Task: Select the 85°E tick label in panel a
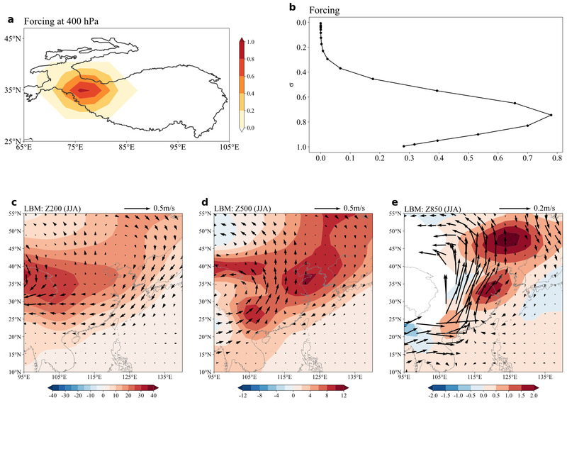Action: (x=127, y=147)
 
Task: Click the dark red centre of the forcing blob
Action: (x=82, y=90)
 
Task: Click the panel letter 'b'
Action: (x=293, y=8)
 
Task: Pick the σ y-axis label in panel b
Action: (x=289, y=85)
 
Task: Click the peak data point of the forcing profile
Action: (x=551, y=115)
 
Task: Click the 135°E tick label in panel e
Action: (x=545, y=377)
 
